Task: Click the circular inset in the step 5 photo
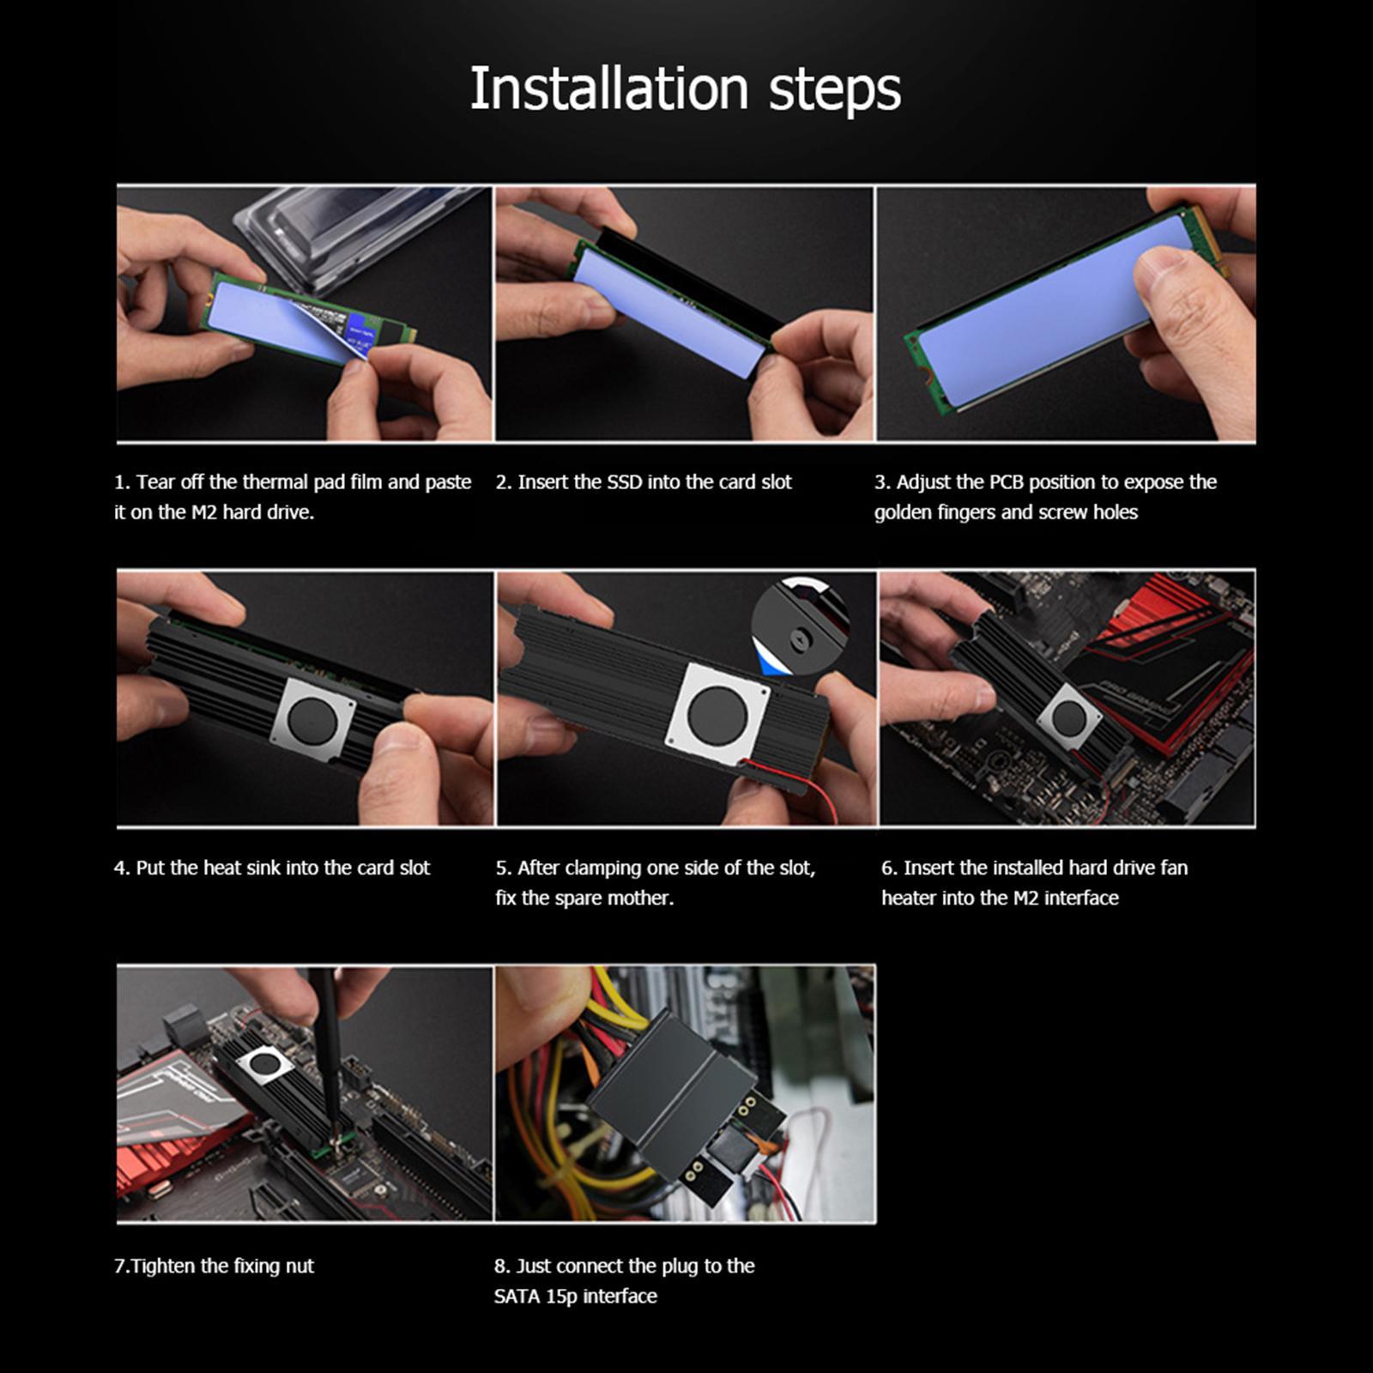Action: coord(800,624)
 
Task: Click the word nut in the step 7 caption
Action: coord(300,1267)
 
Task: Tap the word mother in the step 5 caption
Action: coord(640,898)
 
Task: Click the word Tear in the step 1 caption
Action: coord(154,482)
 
